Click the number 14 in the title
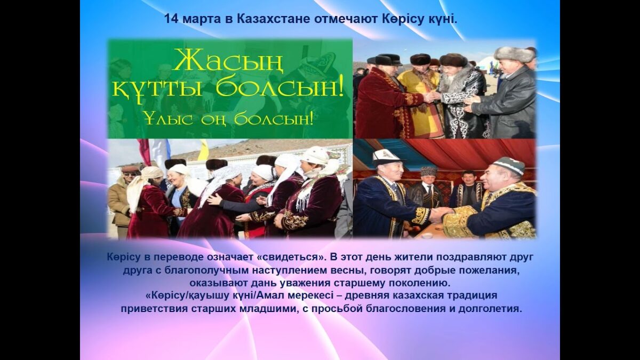click(x=171, y=19)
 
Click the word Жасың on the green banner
click(x=227, y=61)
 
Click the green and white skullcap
click(x=509, y=165)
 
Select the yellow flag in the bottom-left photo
click(x=204, y=149)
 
